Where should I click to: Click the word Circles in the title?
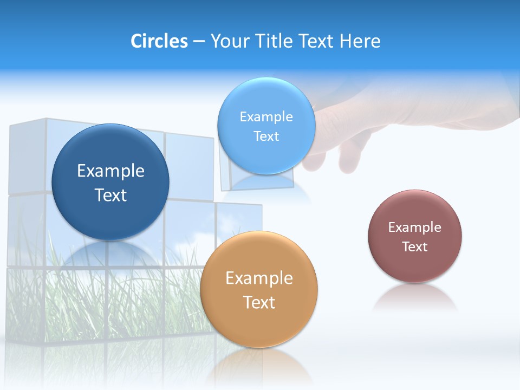159,41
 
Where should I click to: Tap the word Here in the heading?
360,41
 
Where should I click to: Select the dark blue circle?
110,182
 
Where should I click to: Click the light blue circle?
266,126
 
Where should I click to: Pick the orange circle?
259,289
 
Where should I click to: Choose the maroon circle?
414,236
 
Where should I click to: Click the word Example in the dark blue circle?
110,171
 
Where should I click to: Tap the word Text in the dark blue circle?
110,195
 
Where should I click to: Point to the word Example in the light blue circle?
266,116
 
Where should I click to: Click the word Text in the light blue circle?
266,136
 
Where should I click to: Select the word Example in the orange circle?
259,278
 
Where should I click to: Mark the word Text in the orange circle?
259,302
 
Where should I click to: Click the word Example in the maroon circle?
414,227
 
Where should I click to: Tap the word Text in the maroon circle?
414,246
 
